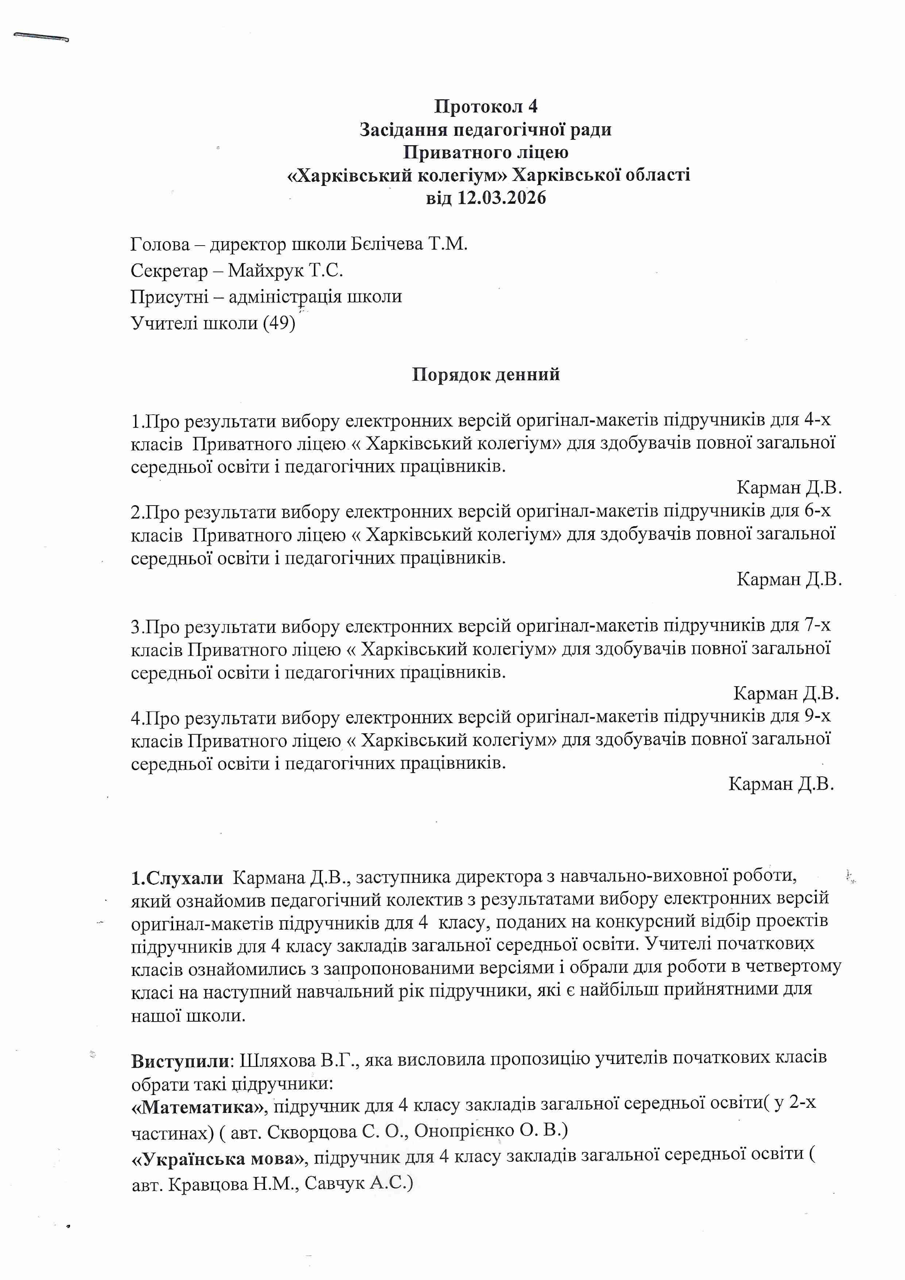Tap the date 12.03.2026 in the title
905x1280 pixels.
click(501, 198)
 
